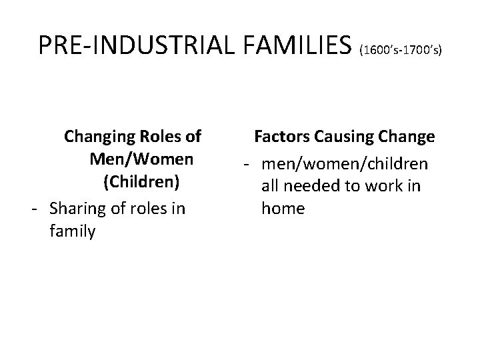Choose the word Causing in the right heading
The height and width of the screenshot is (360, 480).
click(x=344, y=137)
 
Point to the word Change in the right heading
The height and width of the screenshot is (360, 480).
click(x=407, y=137)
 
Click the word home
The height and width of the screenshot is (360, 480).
click(x=283, y=208)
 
